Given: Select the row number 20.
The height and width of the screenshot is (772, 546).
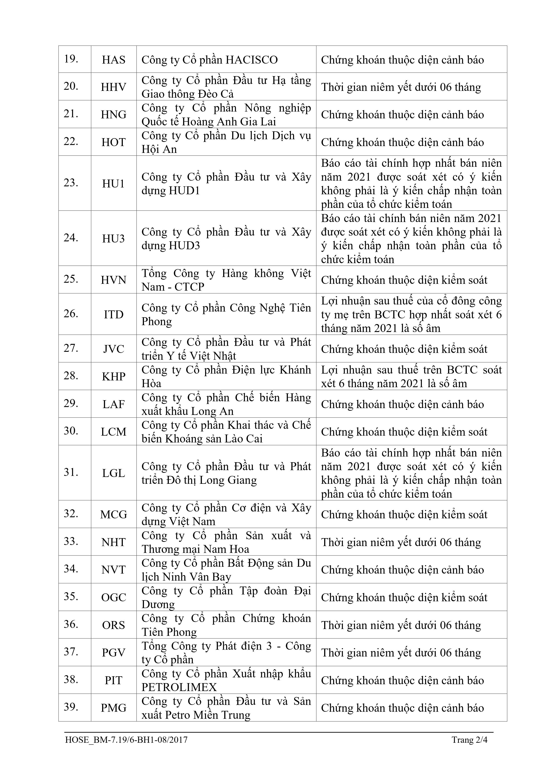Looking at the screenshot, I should coord(71,86).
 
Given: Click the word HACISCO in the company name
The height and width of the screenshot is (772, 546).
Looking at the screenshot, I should coord(251,60).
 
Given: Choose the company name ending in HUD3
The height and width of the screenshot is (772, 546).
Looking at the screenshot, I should coord(226,239).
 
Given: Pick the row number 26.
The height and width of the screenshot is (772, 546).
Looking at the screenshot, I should coord(71,314).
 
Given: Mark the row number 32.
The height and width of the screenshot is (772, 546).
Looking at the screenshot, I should coord(71,514).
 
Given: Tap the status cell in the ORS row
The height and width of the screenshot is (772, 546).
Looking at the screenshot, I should coord(401,625).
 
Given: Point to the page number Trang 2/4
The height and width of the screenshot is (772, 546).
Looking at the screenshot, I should coord(469,740).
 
